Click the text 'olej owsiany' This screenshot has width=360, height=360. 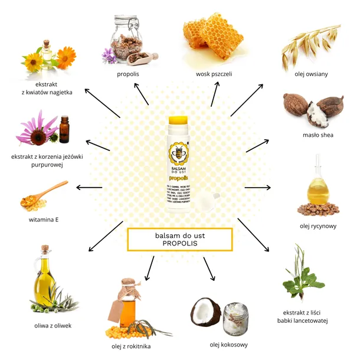coord(311,74)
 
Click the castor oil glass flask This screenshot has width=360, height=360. coord(317,189)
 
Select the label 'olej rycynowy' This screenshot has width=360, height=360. coord(317,225)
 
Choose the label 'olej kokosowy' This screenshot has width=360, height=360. coord(228,344)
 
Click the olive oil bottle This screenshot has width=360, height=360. coord(45,280)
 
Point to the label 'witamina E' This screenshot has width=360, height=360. coord(44,220)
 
